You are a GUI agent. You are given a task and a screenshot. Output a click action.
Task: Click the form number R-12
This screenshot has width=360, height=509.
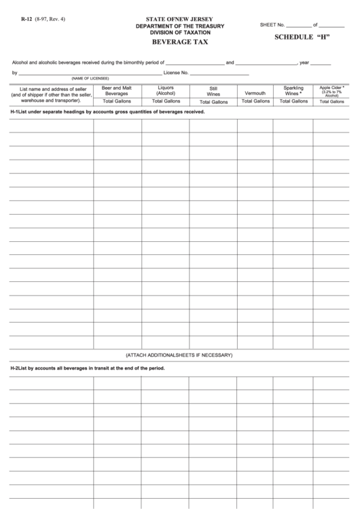[x=26, y=19]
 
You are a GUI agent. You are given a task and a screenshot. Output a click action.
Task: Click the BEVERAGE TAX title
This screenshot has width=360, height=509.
[x=180, y=42]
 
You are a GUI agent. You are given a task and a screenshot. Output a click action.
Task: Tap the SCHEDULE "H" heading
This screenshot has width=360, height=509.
[x=302, y=37]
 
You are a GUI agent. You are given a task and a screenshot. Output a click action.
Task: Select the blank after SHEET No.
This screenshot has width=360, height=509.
[x=298, y=25]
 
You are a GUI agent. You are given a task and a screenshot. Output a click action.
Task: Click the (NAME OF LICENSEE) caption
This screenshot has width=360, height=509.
[x=90, y=78]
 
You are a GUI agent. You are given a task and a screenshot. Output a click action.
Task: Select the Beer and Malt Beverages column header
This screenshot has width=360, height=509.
[x=117, y=91]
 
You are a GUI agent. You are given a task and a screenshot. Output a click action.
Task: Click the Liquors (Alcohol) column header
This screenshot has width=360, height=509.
[x=166, y=90]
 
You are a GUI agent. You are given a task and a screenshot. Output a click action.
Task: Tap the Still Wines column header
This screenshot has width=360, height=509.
[x=213, y=91]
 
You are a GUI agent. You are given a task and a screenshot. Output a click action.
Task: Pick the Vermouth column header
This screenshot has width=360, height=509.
[x=255, y=93]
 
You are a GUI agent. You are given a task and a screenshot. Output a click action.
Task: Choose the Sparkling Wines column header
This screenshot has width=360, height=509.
[x=293, y=91]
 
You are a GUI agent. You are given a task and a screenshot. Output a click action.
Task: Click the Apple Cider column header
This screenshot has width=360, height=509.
[x=332, y=91]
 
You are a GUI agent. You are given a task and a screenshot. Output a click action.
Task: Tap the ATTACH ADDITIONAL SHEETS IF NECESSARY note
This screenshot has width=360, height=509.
[x=179, y=355]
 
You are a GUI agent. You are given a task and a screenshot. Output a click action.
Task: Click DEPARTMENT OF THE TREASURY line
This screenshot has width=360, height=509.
[x=180, y=26]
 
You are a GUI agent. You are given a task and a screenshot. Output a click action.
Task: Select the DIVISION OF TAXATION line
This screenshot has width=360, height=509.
[x=180, y=33]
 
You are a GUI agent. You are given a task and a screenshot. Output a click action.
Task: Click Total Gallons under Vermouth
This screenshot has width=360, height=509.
[x=255, y=101]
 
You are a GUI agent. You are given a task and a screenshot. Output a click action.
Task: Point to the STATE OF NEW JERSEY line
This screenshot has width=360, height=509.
[x=179, y=19]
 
